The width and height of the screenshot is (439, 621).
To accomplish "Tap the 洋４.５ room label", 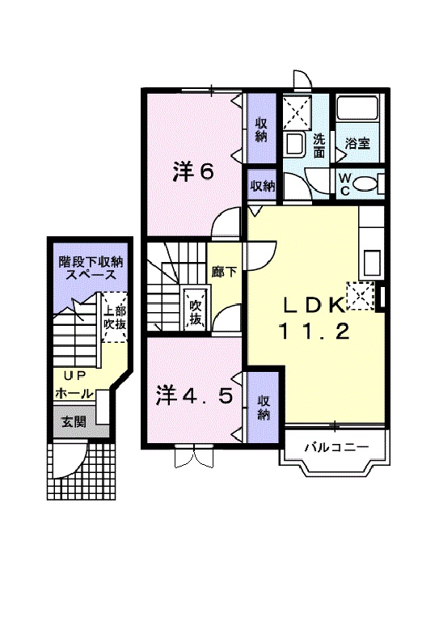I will point(196,396).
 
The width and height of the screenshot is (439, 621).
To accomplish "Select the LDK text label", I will point(314,305).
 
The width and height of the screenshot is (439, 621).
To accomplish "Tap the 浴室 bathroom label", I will point(357,144).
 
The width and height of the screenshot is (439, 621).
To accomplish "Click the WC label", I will point(344,183).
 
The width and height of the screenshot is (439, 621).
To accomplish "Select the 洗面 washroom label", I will point(319,145).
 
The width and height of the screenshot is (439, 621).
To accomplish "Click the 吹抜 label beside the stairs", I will point(195,312).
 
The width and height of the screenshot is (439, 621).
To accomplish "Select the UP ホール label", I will point(73,385).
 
